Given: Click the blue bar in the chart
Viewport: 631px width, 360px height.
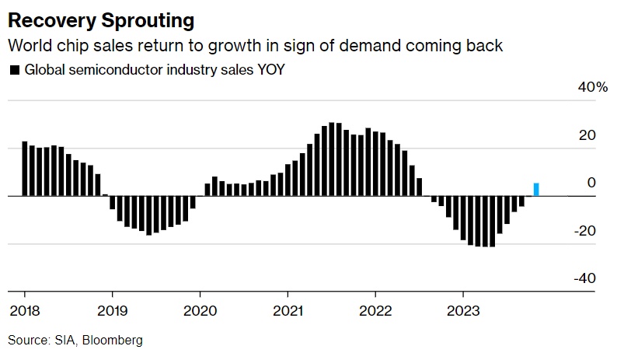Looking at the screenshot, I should pyautogui.click(x=536, y=190).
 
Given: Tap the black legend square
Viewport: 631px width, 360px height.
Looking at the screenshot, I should pyautogui.click(x=14, y=70).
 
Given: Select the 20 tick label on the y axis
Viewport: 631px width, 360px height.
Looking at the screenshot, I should pyautogui.click(x=587, y=135).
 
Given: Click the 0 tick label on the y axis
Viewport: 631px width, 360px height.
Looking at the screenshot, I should pyautogui.click(x=591, y=183).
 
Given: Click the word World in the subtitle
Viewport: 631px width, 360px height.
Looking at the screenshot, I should pyautogui.click(x=25, y=46).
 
